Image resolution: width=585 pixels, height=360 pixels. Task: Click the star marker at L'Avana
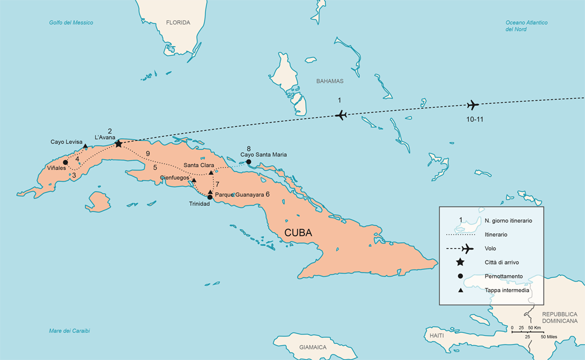pos(118,144)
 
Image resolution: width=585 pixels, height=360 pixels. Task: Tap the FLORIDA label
pos(178,22)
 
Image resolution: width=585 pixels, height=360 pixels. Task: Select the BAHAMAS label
pos(330,81)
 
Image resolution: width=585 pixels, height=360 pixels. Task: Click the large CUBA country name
pos(298,232)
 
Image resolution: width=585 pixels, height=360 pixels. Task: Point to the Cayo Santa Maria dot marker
pos(248,161)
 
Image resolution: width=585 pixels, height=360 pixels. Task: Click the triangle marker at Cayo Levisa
pos(85,146)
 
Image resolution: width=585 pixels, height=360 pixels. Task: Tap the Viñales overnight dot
pos(65,162)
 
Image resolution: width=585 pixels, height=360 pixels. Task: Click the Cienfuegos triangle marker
pos(194,180)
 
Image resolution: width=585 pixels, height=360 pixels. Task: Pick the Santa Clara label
pos(198,165)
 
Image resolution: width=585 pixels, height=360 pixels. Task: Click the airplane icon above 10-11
pos(472,105)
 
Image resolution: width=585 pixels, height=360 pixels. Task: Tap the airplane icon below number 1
pos(341,115)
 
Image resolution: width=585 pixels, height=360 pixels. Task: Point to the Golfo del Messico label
pos(71,22)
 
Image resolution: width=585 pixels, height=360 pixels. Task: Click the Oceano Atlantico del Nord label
pos(526,26)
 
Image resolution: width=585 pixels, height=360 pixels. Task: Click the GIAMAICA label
pos(313,347)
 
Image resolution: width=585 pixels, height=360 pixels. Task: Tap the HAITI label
pos(436,335)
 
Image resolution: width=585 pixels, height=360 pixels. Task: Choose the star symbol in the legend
pos(460,262)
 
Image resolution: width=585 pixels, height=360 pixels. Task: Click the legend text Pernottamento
pos(503,276)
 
